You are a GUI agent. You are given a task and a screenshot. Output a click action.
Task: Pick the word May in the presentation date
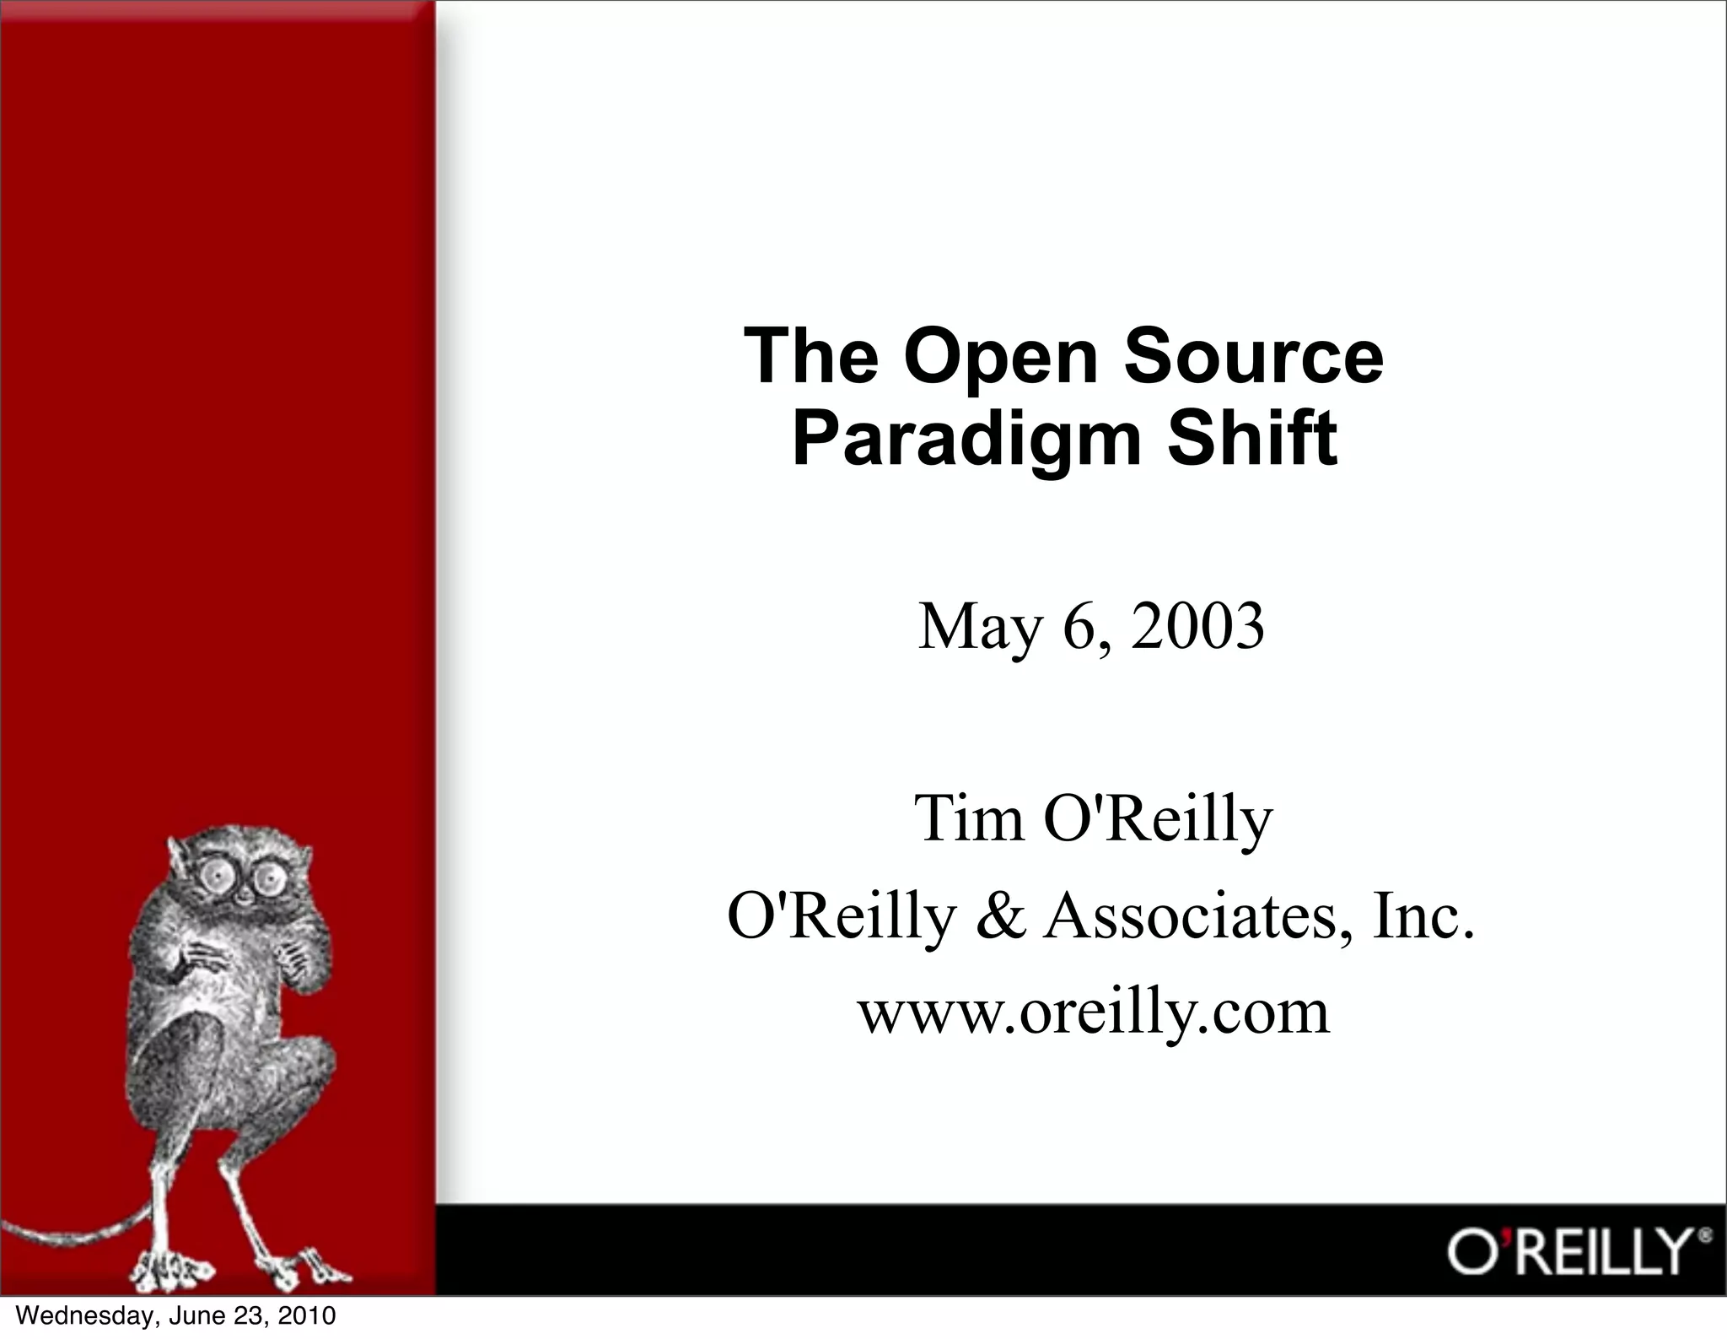(978, 629)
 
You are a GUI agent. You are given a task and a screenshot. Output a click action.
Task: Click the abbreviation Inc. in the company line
(1423, 915)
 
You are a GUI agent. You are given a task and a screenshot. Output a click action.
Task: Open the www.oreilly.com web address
(1094, 1011)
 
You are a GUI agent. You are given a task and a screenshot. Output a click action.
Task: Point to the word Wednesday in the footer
(85, 1315)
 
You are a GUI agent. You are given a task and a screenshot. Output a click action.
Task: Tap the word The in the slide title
(810, 356)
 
